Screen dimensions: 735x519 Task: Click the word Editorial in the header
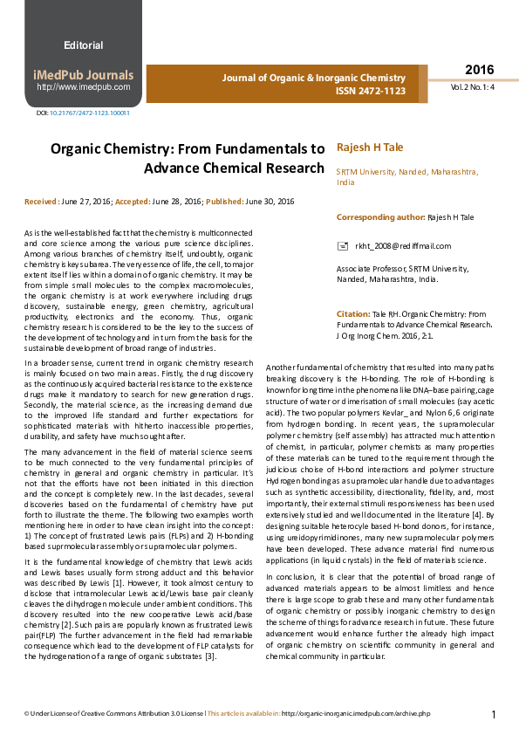(83, 45)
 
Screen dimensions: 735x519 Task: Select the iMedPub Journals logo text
(83, 75)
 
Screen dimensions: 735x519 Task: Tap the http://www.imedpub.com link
(83, 87)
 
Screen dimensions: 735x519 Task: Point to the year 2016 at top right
(478, 70)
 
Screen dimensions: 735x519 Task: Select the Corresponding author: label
(380, 216)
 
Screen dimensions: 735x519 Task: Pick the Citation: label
(353, 313)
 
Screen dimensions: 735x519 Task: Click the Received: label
(42, 202)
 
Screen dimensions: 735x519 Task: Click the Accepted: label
(133, 202)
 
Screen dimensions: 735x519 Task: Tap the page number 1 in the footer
(494, 714)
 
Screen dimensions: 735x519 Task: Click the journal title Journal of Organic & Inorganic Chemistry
(314, 78)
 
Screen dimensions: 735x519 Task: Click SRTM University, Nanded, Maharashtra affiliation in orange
(407, 172)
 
